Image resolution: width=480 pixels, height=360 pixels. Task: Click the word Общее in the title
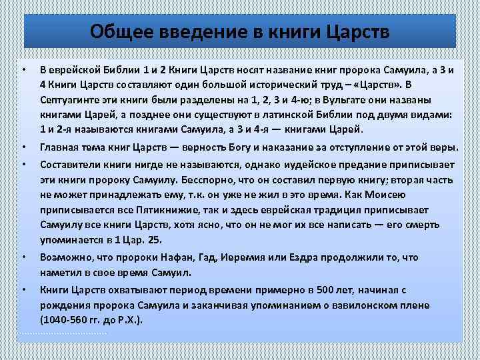(118, 31)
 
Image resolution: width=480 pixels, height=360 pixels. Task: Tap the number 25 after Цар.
(155, 240)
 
